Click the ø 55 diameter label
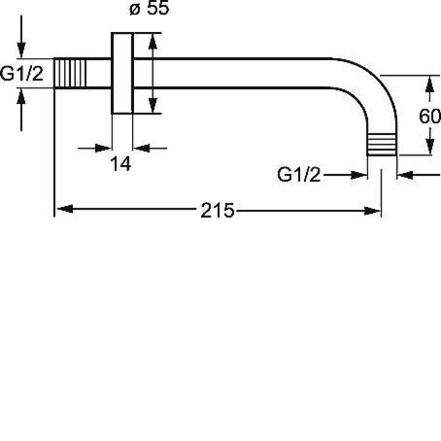149,9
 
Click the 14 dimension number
121,164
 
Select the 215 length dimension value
217,210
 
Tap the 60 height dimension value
430,116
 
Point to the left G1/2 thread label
22,74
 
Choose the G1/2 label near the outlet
299,175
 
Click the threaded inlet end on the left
70,74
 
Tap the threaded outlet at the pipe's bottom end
382,145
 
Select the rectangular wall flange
122,73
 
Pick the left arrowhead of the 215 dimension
65,209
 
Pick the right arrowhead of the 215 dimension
372,210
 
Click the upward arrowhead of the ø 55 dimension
152,42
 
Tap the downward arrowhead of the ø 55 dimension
152,104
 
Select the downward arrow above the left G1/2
22,37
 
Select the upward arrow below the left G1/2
22,110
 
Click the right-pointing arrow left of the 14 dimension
94,148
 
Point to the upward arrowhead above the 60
429,84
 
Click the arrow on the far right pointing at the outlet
419,175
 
